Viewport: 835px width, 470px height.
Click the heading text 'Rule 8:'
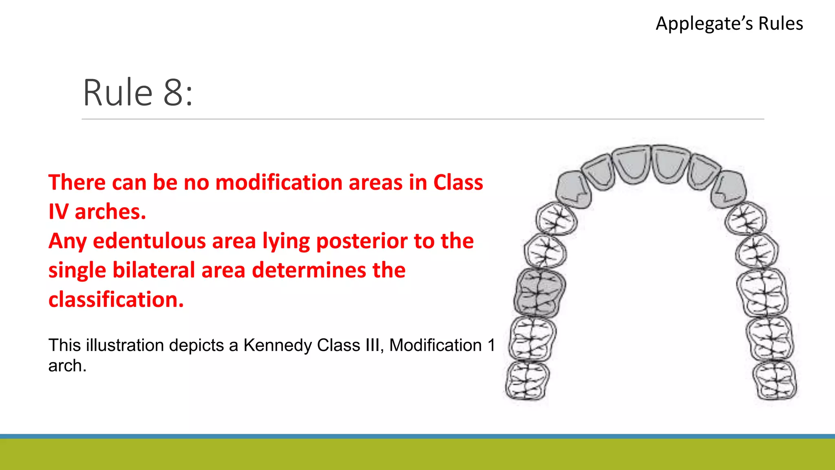pyautogui.click(x=138, y=93)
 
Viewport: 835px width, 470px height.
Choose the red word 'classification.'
pyautogui.click(x=116, y=299)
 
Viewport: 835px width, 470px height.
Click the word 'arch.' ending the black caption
pyautogui.click(x=67, y=366)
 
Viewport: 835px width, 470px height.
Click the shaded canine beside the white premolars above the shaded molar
pyautogui.click(x=572, y=189)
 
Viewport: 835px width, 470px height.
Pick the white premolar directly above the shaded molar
pyautogui.click(x=545, y=250)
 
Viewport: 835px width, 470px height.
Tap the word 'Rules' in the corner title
pyautogui.click(x=780, y=24)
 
